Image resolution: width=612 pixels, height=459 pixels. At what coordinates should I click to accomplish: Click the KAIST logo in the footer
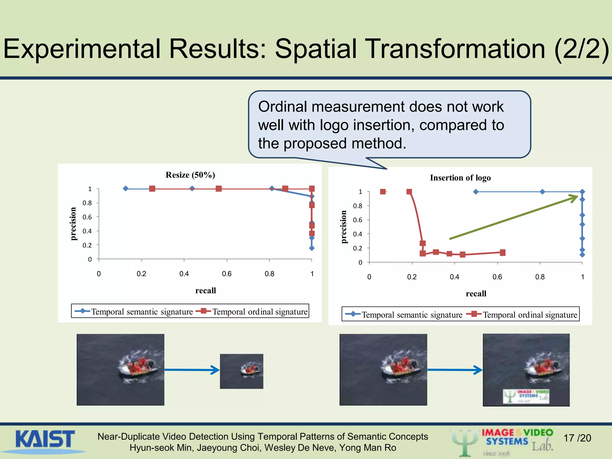45,439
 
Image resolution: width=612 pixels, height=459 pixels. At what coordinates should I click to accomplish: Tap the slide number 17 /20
577,438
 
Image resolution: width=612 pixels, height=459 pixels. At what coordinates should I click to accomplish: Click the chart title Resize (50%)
190,175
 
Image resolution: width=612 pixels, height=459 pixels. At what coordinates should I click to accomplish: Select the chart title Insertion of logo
460,178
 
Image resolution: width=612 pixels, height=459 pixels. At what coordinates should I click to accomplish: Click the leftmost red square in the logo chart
383,192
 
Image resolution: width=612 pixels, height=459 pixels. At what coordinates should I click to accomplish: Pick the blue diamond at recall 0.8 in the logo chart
542,192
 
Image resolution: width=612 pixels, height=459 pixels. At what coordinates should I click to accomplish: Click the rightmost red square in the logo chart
503,253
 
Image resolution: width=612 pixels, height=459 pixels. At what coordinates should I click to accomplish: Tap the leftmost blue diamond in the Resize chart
126,189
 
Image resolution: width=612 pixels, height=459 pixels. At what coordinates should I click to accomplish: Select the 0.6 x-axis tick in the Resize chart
227,274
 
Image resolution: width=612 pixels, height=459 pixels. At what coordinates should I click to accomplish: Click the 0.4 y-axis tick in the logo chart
357,234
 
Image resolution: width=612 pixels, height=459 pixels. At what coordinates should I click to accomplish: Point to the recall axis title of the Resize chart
206,290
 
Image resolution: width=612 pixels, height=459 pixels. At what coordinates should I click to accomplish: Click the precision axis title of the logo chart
344,227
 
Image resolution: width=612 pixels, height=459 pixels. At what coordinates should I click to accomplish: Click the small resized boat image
241,371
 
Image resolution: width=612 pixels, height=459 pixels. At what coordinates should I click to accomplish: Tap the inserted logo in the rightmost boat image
526,396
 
